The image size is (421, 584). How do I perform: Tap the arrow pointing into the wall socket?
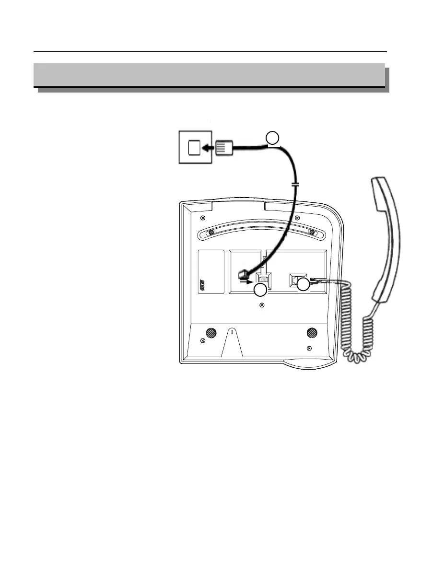208,149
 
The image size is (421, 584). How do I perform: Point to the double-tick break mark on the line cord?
295,184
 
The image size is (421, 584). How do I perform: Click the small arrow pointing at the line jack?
246,283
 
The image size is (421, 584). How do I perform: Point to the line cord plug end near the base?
243,274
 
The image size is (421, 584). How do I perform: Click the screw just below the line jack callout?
262,305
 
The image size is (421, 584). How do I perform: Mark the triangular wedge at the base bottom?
231,343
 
